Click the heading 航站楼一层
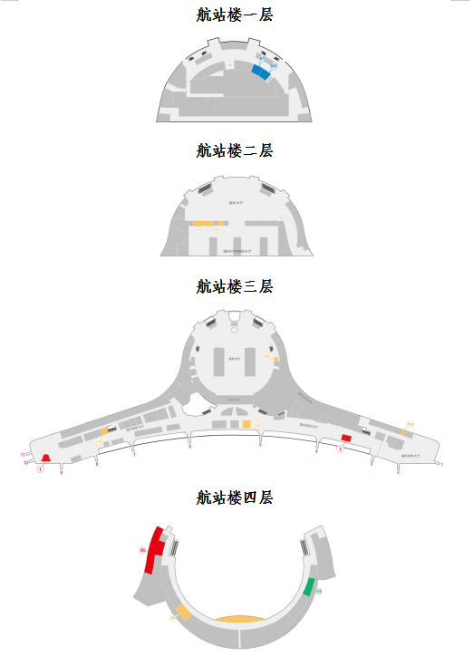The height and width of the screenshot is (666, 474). (235, 14)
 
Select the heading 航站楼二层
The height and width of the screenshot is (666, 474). (235, 150)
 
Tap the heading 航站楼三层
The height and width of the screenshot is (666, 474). (235, 286)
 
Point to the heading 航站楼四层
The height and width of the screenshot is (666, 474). (235, 497)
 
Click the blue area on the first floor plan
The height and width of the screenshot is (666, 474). (262, 72)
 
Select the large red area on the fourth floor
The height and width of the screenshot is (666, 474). (155, 549)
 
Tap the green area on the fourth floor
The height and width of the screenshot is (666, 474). (309, 586)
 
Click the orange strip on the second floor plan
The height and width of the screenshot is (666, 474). (203, 223)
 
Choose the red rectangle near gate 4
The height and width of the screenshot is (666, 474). (345, 438)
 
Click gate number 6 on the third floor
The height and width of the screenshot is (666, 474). (189, 447)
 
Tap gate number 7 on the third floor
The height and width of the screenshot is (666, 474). (133, 454)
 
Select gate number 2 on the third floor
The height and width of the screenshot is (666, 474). (398, 471)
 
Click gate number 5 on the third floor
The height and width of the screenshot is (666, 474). (260, 445)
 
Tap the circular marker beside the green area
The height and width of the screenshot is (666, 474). (319, 592)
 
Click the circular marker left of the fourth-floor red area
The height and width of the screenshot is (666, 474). (142, 549)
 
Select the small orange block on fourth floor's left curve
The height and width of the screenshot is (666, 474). (184, 613)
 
